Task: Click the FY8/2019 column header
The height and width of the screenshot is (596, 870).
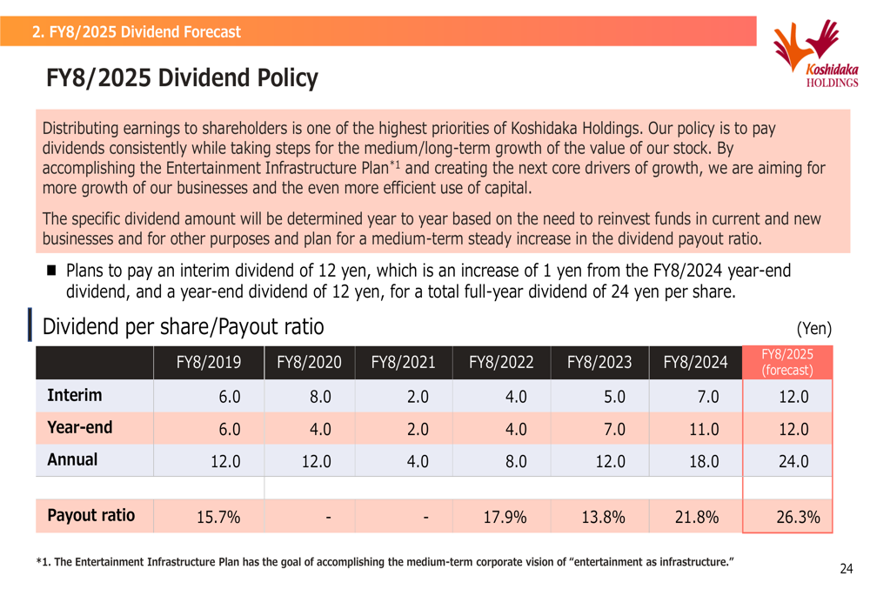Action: pyautogui.click(x=209, y=362)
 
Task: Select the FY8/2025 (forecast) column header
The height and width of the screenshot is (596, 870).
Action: pyautogui.click(x=787, y=362)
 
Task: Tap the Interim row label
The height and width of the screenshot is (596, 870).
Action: pyautogui.click(x=74, y=395)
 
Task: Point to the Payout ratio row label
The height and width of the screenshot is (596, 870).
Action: pyautogui.click(x=91, y=516)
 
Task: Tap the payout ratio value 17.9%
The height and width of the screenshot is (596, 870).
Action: pyautogui.click(x=505, y=517)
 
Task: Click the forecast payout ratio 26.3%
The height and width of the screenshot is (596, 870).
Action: pyautogui.click(x=798, y=517)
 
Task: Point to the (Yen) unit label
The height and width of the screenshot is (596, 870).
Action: pyautogui.click(x=814, y=329)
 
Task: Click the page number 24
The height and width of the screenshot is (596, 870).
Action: pyautogui.click(x=847, y=569)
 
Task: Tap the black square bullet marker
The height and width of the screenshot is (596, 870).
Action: pyautogui.click(x=51, y=271)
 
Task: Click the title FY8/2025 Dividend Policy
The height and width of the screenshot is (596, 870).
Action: pyautogui.click(x=182, y=77)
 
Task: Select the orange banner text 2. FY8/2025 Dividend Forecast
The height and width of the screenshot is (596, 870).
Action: pyautogui.click(x=137, y=31)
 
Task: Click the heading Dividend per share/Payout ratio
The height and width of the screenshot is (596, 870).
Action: pyautogui.click(x=183, y=327)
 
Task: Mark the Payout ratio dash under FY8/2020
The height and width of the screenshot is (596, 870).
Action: pyautogui.click(x=329, y=518)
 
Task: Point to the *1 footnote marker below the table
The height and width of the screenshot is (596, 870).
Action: pyautogui.click(x=43, y=561)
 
